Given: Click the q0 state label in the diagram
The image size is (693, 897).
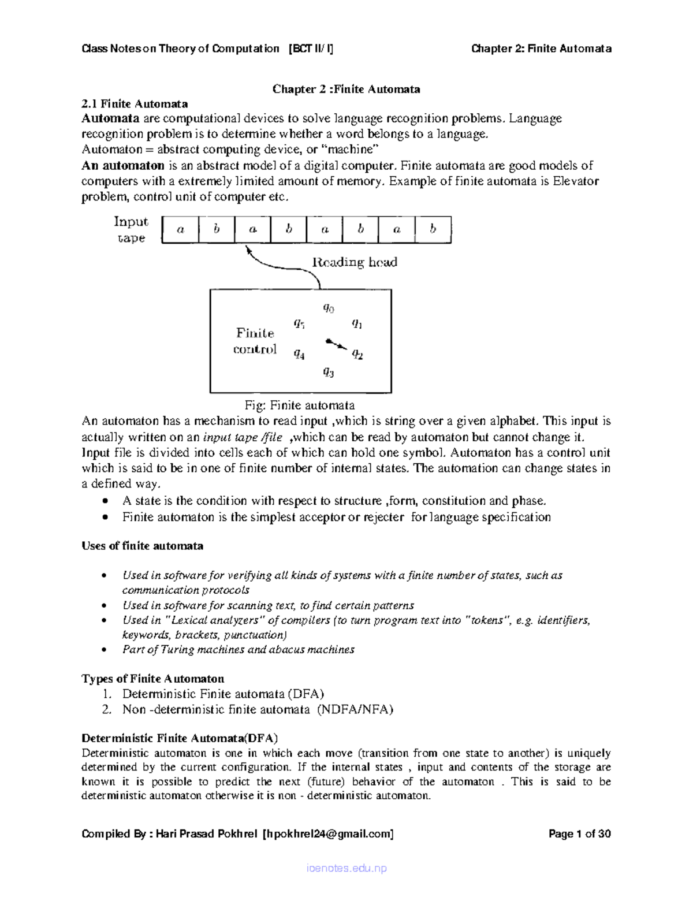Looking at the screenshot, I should pos(328,308).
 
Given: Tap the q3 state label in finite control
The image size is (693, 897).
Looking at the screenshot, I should pos(328,372).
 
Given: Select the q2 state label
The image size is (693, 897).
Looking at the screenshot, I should pos(357,355).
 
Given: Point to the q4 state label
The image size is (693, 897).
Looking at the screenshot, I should pos(299,354).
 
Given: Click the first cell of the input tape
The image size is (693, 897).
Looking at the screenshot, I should pos(180,229).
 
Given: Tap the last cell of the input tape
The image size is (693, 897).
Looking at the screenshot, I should pos(433,229).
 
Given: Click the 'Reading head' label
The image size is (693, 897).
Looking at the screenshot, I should pos(355,262).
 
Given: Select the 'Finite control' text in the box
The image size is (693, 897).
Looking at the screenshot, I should pos(255,341).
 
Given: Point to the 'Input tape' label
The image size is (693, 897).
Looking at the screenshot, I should pos(131,229).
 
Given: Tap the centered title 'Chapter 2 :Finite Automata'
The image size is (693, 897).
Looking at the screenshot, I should pos(346,89).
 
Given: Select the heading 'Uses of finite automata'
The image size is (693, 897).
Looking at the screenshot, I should pos(142,546).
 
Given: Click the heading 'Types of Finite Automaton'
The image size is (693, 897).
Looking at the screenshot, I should pos(152,678).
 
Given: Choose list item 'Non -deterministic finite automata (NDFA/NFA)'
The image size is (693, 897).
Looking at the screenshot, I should pos(257,709).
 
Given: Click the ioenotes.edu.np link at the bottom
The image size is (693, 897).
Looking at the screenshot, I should pos(346,868).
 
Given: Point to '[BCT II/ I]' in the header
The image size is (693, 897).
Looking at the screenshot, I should pos(310,49).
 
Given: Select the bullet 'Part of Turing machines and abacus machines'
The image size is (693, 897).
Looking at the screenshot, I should pos(238,649).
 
